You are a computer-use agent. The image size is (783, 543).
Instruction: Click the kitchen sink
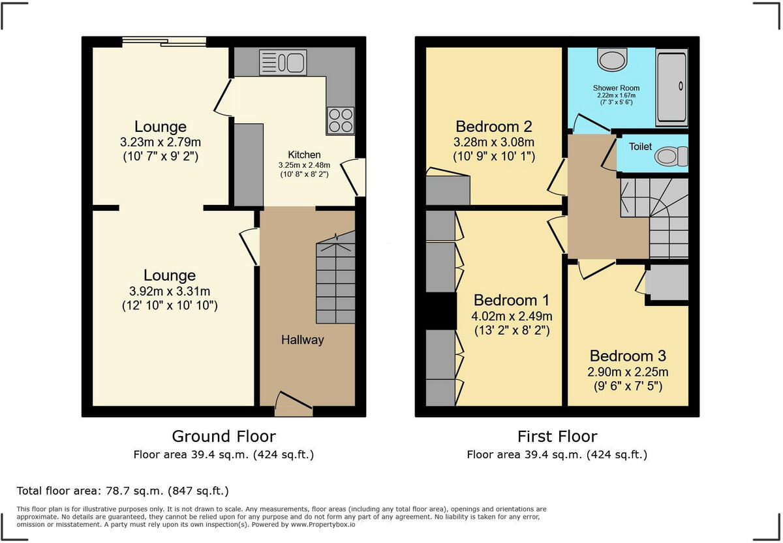coord(283,63)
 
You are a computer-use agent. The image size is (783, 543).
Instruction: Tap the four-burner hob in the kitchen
coord(339,120)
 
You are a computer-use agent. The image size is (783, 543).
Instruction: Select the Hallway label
coord(302,340)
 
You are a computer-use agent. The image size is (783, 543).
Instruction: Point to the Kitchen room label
coord(305,155)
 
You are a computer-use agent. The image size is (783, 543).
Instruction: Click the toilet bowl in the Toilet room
coord(671,156)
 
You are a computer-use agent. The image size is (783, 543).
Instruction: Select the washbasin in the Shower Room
coord(612,61)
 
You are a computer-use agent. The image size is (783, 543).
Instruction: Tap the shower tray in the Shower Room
coord(671,87)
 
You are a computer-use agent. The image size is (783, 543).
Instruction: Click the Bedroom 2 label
coord(494,127)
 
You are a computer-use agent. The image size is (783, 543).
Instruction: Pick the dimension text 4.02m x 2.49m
coord(512,316)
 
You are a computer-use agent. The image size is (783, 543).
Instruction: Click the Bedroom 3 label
coord(628,356)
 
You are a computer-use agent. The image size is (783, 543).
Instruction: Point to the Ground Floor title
coord(223,436)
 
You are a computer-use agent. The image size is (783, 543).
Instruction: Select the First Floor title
coord(557,436)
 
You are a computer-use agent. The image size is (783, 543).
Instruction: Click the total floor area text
coord(123,490)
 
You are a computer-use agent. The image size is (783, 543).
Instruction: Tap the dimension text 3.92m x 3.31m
coord(169,291)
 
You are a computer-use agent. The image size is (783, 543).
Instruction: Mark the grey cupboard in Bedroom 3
coord(667,283)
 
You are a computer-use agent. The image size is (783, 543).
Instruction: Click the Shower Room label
coord(616,87)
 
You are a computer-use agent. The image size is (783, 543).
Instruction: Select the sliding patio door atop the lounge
coord(164,42)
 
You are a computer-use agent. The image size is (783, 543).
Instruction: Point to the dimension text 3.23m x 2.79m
coord(161,142)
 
